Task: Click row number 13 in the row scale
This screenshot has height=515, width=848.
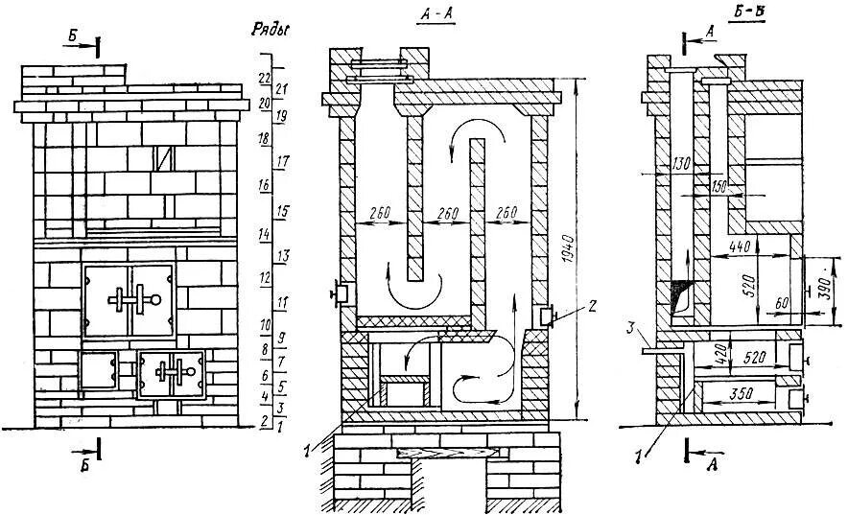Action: [x=283, y=256]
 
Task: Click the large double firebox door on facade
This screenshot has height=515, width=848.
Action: [x=129, y=301]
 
